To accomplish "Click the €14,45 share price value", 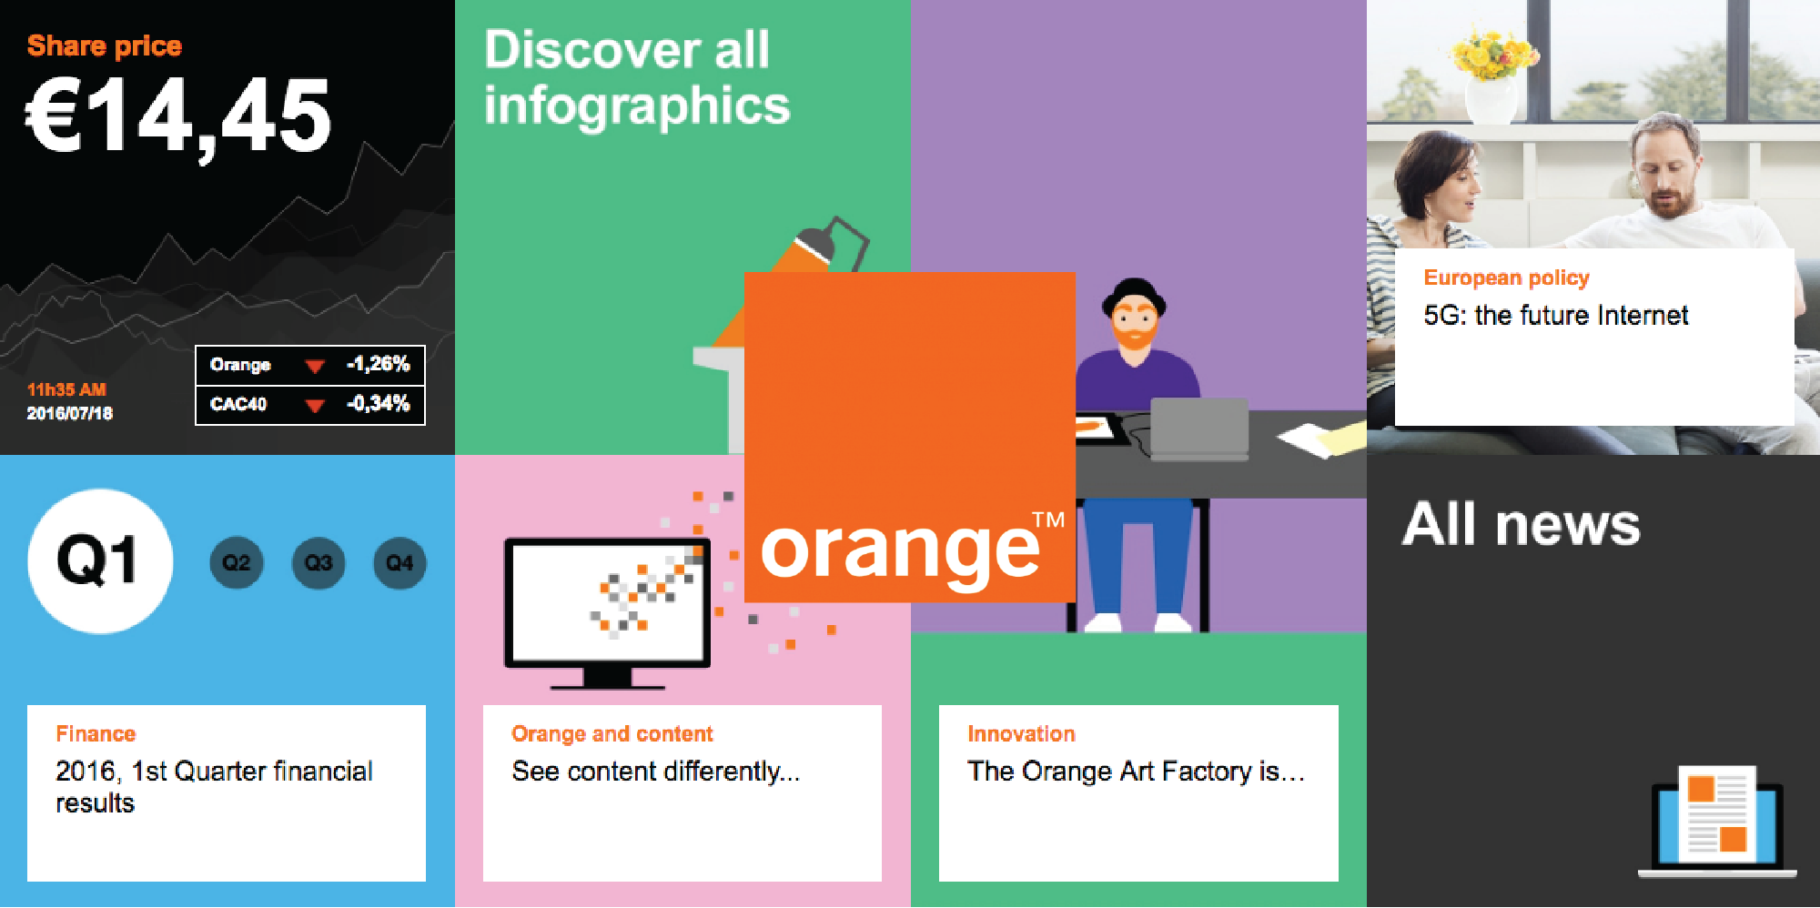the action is pyautogui.click(x=178, y=116).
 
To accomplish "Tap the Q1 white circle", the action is pyautogui.click(x=100, y=561).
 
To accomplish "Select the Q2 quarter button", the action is pyautogui.click(x=237, y=563).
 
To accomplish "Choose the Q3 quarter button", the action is pyautogui.click(x=318, y=563).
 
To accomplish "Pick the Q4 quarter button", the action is pyautogui.click(x=399, y=563).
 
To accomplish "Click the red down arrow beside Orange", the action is pyautogui.click(x=315, y=367).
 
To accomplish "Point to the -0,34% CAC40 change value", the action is pyautogui.click(x=379, y=403).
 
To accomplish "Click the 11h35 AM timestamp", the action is pyautogui.click(x=66, y=389).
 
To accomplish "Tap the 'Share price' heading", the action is pyautogui.click(x=105, y=45).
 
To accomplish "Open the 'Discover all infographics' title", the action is pyautogui.click(x=637, y=77).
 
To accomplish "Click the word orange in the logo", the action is pyautogui.click(x=900, y=551).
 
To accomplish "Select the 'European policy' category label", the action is pyautogui.click(x=1506, y=277).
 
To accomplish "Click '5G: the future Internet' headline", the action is pyautogui.click(x=1556, y=315).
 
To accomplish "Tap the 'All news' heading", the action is pyautogui.click(x=1522, y=525).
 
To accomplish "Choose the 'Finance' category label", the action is pyautogui.click(x=96, y=733).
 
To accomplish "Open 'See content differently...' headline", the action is pyautogui.click(x=656, y=772).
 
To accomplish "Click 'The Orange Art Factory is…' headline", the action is pyautogui.click(x=1136, y=772).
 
